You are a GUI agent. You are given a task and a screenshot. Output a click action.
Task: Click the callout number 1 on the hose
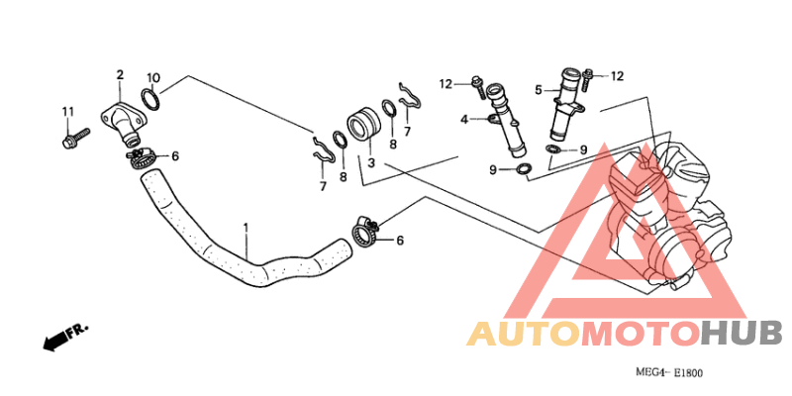(246, 229)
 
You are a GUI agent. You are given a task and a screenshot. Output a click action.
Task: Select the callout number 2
(120, 75)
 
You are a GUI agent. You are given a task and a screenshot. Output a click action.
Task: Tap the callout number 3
(370, 163)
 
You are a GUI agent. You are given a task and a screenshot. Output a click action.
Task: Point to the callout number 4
(464, 120)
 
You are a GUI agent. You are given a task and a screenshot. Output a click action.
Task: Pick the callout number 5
(539, 90)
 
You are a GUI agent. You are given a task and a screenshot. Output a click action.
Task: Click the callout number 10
(153, 78)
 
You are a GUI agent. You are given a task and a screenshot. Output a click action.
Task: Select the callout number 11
(68, 111)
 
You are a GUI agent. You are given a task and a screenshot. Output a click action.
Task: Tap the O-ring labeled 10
(150, 99)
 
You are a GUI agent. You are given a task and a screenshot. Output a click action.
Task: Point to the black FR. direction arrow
(55, 341)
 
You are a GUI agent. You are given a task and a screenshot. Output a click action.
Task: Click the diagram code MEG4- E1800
(669, 373)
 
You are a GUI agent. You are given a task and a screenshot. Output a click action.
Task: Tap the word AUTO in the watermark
(524, 334)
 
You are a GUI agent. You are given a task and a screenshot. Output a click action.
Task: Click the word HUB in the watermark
(742, 334)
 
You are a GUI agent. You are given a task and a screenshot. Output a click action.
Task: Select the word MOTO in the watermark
(641, 334)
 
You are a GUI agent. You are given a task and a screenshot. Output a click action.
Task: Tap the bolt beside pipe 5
(586, 80)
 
